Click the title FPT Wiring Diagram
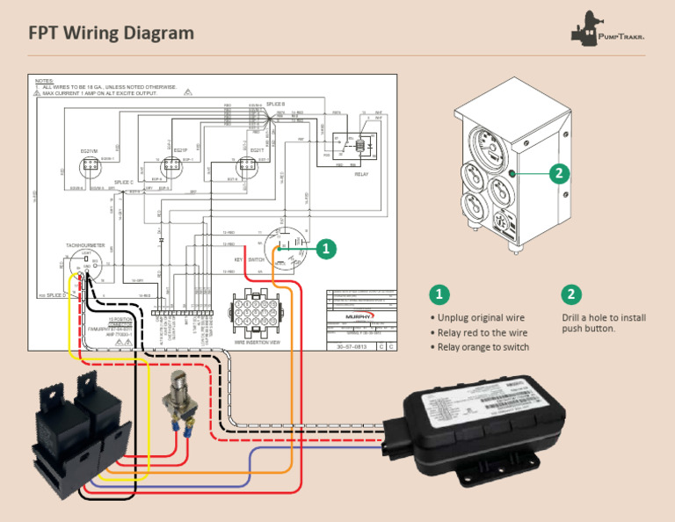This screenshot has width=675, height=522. (x=111, y=33)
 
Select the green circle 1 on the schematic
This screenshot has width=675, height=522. (x=326, y=249)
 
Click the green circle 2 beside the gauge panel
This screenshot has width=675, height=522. (x=556, y=173)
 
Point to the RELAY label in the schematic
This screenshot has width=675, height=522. (x=361, y=174)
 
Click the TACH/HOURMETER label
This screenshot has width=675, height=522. (x=85, y=245)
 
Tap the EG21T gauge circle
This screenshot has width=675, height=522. (x=250, y=164)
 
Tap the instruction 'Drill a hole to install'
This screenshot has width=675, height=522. (x=604, y=317)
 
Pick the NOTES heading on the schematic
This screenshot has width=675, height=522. (x=45, y=80)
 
